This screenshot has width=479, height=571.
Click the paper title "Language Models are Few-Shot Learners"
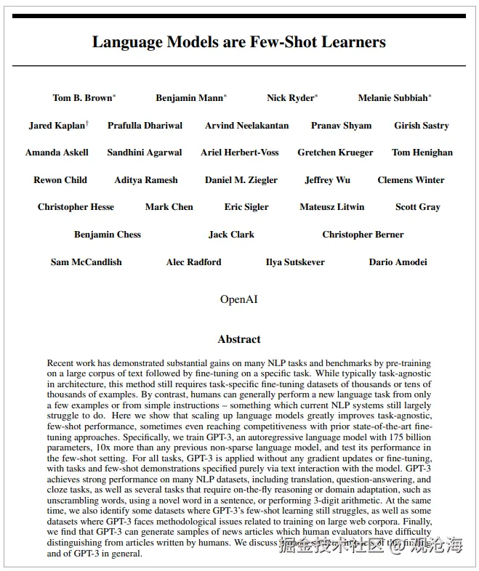[x=238, y=41]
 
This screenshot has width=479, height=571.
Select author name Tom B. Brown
[x=82, y=98]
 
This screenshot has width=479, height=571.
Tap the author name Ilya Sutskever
[x=295, y=262]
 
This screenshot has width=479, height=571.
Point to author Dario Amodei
[x=398, y=262]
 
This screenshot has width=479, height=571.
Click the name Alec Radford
[x=193, y=262]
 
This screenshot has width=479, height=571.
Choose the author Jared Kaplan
[x=57, y=126]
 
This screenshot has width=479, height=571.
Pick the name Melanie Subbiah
[x=393, y=98]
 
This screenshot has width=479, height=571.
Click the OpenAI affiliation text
[x=238, y=299]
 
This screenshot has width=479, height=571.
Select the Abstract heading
[x=238, y=339]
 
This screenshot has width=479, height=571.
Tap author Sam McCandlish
[x=86, y=262]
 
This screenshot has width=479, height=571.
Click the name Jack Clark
[x=231, y=235]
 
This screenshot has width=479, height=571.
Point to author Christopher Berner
[x=363, y=235]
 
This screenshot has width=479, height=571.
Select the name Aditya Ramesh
[x=145, y=180]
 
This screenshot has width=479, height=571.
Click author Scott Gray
[x=417, y=207]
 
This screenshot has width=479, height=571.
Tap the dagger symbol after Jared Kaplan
[x=87, y=123]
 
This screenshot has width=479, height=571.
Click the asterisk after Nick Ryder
[x=316, y=96]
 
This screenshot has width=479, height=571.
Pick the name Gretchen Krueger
[x=335, y=153]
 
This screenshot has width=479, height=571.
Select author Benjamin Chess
[x=108, y=235]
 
